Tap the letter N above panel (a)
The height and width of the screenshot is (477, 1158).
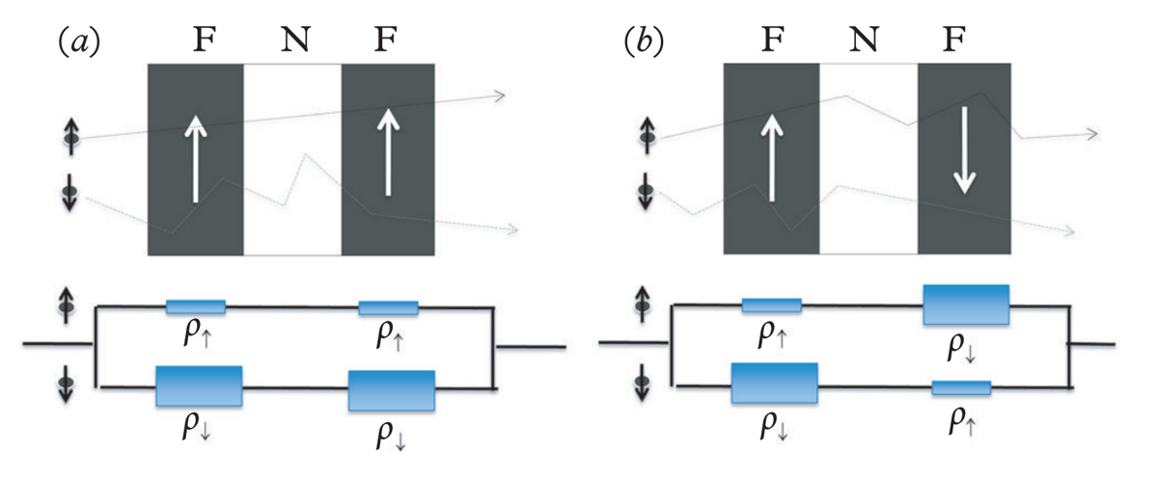pyautogui.click(x=295, y=39)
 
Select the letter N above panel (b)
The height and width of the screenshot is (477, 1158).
pyautogui.click(x=864, y=39)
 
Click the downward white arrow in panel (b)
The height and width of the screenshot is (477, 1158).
pyautogui.click(x=964, y=150)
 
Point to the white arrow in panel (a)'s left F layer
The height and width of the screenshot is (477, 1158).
pyautogui.click(x=196, y=158)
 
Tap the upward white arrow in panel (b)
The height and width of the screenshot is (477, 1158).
pyautogui.click(x=772, y=157)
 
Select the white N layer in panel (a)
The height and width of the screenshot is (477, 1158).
pyautogui.click(x=292, y=160)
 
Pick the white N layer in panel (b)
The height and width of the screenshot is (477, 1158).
pyautogui.click(x=868, y=158)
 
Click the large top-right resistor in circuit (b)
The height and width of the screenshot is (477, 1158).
pyautogui.click(x=966, y=305)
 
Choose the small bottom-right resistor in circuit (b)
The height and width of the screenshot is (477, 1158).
pyautogui.click(x=961, y=387)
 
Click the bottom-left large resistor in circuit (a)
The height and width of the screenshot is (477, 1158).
pyautogui.click(x=199, y=386)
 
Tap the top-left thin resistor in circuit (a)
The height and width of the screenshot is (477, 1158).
pyautogui.click(x=195, y=306)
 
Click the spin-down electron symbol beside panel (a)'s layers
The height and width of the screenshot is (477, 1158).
pyautogui.click(x=69, y=192)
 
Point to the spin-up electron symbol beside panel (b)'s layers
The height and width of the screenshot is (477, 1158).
pyautogui.click(x=647, y=136)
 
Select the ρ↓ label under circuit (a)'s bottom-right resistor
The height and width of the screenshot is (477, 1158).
pyautogui.click(x=391, y=437)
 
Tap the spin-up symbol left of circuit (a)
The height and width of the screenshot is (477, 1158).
pyautogui.click(x=67, y=305)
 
